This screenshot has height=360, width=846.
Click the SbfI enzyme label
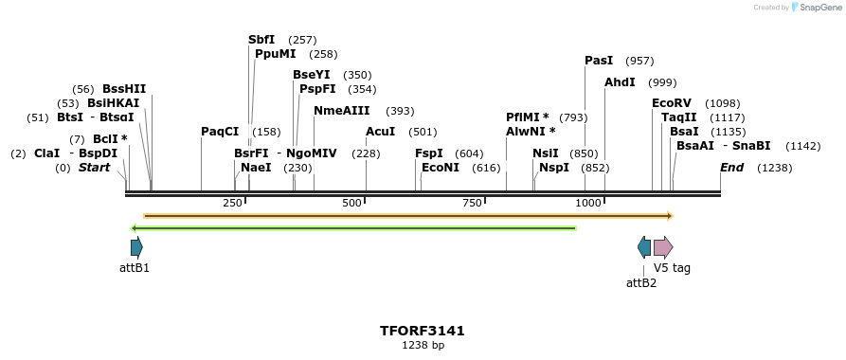[x=261, y=40]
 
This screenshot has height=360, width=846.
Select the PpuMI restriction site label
[x=276, y=54]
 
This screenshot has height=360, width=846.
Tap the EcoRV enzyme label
[x=671, y=103]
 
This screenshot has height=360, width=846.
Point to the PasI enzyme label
[x=599, y=61]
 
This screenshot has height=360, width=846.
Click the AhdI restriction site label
[x=620, y=82]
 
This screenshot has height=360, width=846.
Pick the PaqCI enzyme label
[x=220, y=132]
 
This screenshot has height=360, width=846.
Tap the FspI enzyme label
[x=429, y=153]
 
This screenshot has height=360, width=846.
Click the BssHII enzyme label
[x=124, y=89]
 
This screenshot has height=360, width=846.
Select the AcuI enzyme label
[x=381, y=132]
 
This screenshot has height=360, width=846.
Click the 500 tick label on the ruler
[x=352, y=204]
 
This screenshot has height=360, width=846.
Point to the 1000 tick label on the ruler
[x=588, y=204]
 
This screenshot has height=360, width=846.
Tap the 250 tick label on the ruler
[x=233, y=204]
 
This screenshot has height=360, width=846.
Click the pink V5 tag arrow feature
[x=663, y=248]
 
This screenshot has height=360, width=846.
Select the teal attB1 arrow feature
[x=136, y=248]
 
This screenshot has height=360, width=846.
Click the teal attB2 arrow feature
[x=644, y=248]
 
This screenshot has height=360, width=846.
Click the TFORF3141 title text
[x=423, y=331]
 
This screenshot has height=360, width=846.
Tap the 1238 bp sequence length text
[x=423, y=346]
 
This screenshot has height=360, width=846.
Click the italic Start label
[x=94, y=168]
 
